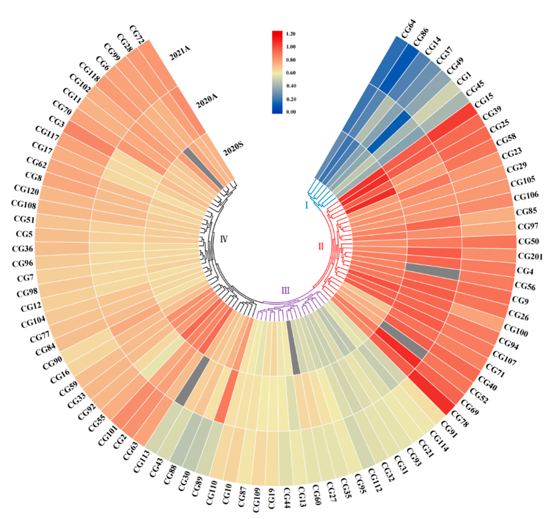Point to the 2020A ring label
(207, 101)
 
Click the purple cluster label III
(285, 291)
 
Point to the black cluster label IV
(224, 239)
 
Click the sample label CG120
(26, 190)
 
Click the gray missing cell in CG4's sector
(432, 271)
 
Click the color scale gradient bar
(277, 72)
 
